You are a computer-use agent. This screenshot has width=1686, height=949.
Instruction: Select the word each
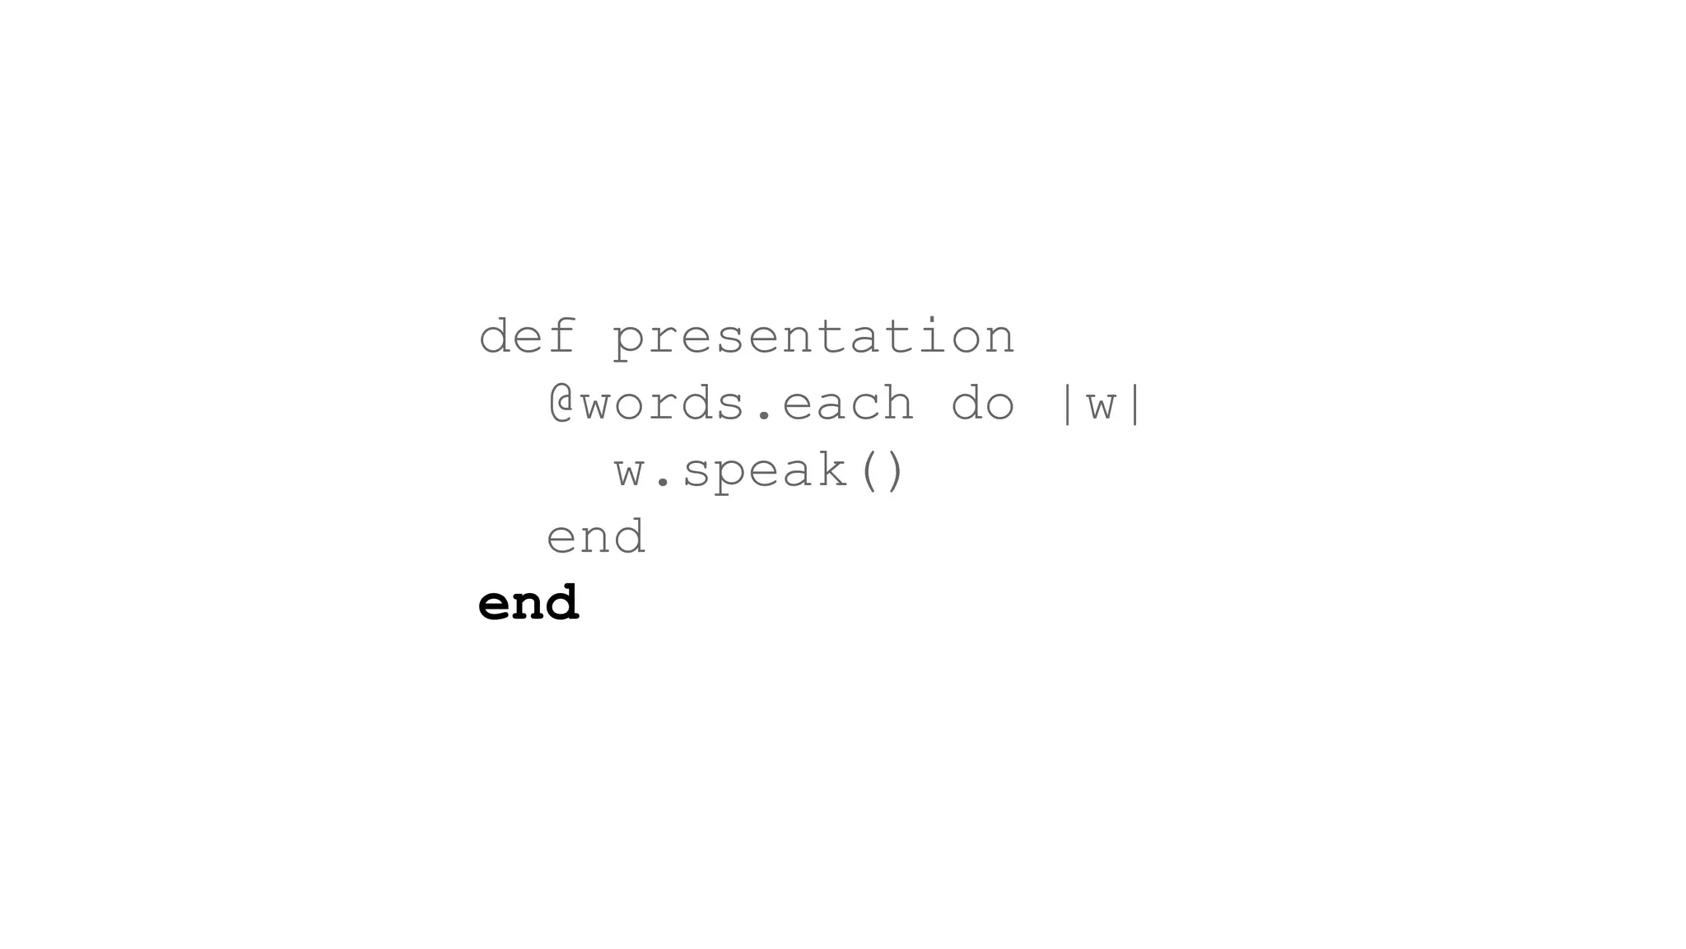point(848,404)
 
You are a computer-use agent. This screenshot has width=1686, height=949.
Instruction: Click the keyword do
point(983,404)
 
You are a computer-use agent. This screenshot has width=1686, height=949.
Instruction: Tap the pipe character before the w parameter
point(1068,404)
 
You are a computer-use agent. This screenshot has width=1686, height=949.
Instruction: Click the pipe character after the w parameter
point(1136,404)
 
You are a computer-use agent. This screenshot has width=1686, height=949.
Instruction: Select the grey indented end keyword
point(596,538)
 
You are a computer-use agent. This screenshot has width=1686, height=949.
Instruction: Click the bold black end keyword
point(529,604)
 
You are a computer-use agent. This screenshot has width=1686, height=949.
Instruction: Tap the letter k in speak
point(833,470)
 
